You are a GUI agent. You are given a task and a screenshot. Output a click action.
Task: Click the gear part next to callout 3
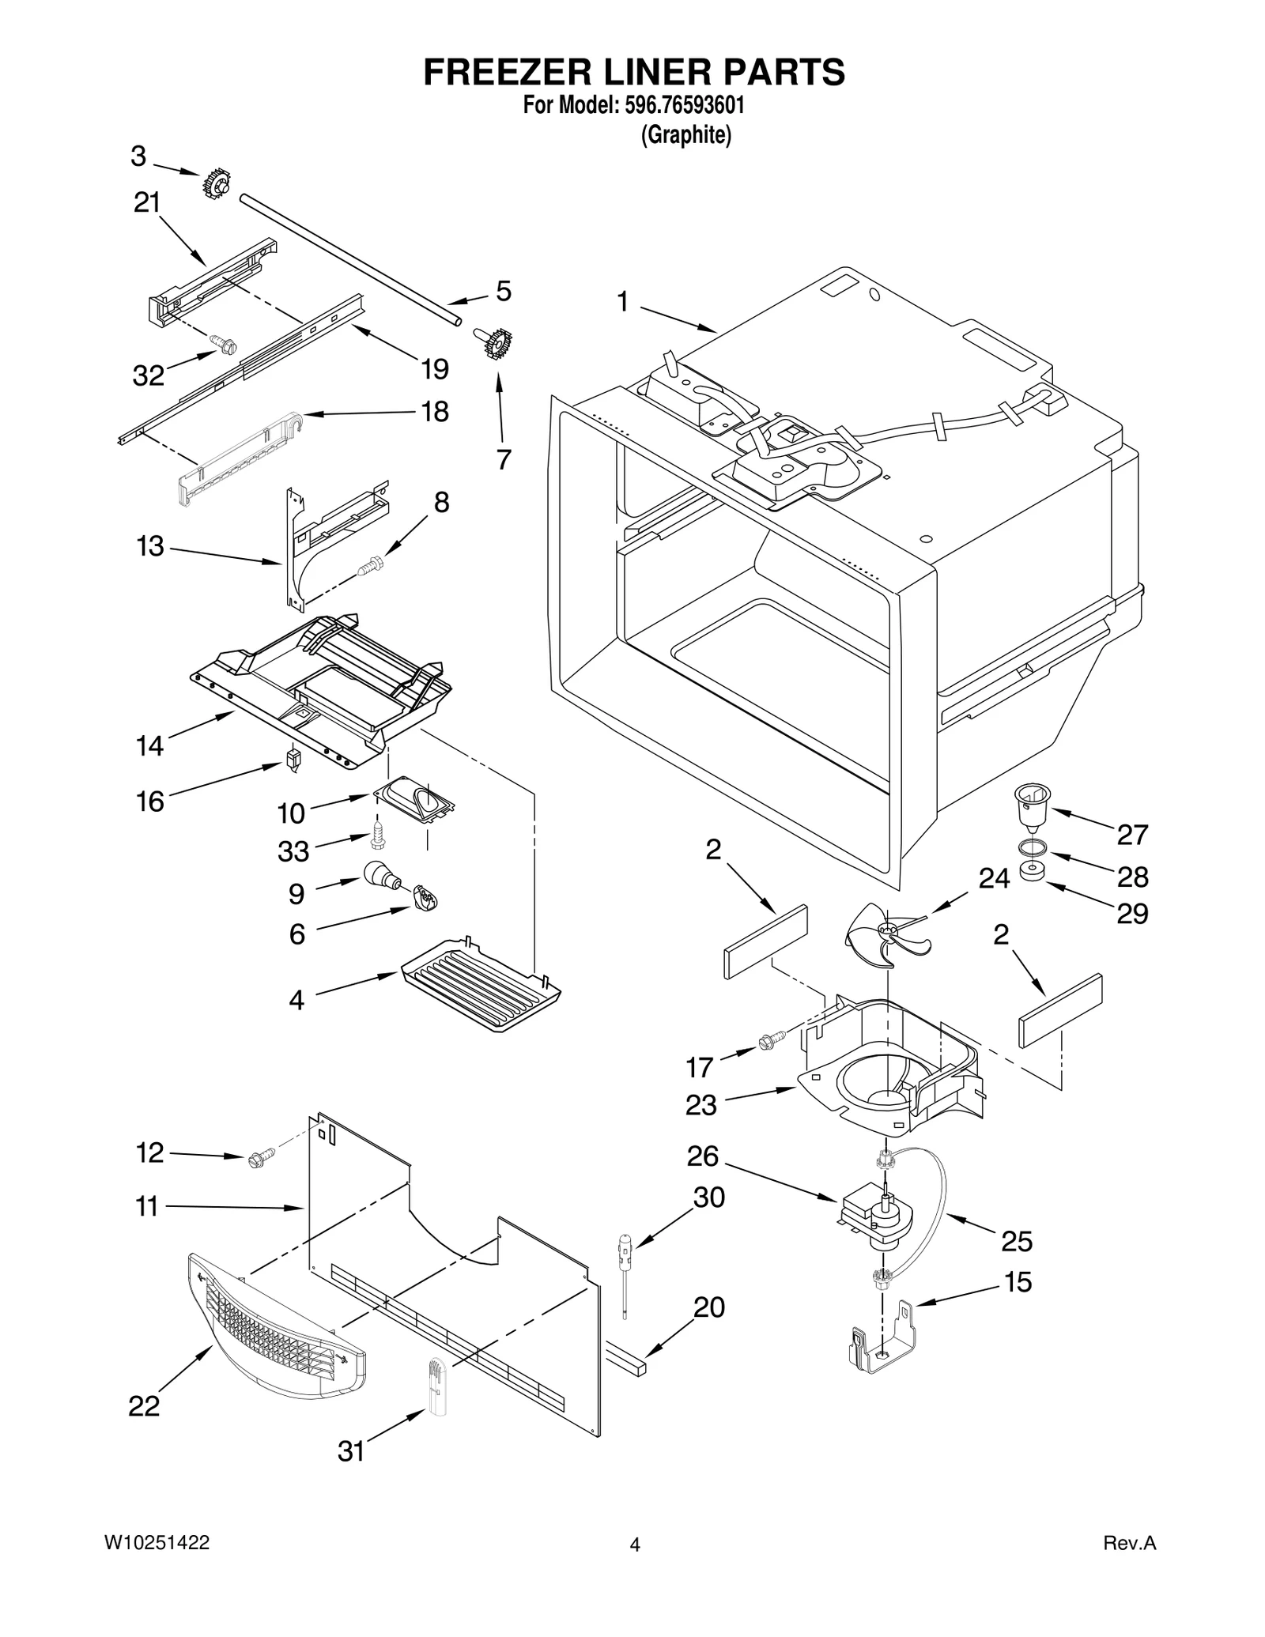214,186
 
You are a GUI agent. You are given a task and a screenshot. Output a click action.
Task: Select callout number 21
146,203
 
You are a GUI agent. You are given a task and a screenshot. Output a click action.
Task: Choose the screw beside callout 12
260,1158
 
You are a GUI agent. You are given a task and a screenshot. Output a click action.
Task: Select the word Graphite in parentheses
685,136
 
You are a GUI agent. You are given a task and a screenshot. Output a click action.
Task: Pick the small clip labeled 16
294,761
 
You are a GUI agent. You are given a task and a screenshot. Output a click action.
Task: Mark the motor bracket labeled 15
882,1344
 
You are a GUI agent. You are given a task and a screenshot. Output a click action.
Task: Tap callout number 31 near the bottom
351,1451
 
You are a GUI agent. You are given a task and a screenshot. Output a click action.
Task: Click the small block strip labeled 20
626,1360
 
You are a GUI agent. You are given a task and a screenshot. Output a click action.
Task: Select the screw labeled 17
770,1041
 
